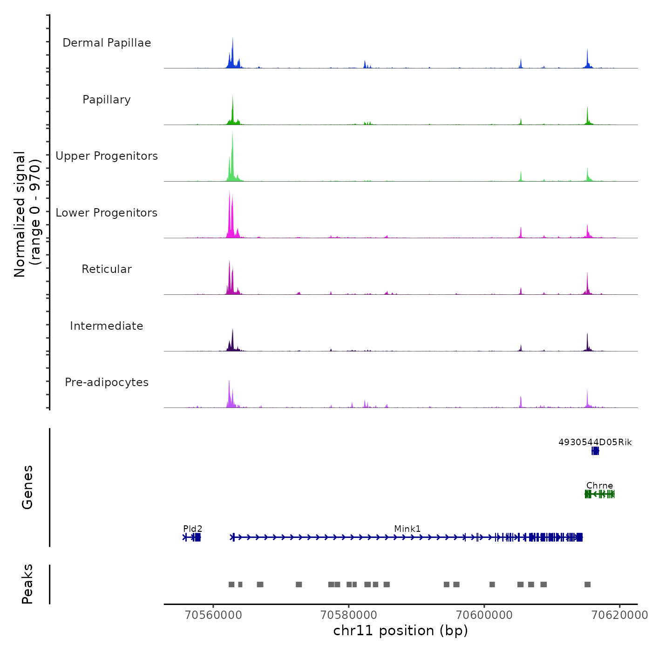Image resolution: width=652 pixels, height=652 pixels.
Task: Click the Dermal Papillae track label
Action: pos(107,43)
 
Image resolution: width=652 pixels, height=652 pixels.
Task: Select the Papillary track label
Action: pos(107,100)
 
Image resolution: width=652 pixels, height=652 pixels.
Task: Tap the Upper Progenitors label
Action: pos(107,156)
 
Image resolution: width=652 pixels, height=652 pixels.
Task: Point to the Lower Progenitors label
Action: pos(107,213)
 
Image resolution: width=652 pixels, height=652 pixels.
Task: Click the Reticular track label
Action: pos(107,269)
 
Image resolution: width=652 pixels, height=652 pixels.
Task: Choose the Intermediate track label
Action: pos(107,326)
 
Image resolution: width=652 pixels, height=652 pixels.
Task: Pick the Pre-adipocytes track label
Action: pos(107,382)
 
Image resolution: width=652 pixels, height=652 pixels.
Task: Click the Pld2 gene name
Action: pos(193,529)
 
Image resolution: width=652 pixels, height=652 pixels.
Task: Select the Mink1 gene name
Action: pos(407,529)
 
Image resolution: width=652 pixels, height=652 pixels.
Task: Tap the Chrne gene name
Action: pos(600,485)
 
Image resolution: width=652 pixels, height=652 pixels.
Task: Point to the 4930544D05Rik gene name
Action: pos(595,442)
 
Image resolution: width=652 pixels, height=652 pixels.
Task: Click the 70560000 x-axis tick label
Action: pos(214,615)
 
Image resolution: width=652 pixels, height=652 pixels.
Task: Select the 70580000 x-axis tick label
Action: pos(349,615)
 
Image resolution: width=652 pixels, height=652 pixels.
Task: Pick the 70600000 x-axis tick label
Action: pos(484,615)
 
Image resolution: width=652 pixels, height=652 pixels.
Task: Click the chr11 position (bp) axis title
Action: pos(401,631)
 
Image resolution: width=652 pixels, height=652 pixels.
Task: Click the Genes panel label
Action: pos(27,487)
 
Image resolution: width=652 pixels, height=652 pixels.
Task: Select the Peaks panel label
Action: pos(27,584)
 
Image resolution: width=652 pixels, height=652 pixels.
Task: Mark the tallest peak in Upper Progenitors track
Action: pos(232,132)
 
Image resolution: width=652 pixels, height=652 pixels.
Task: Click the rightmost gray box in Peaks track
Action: pos(588,584)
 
